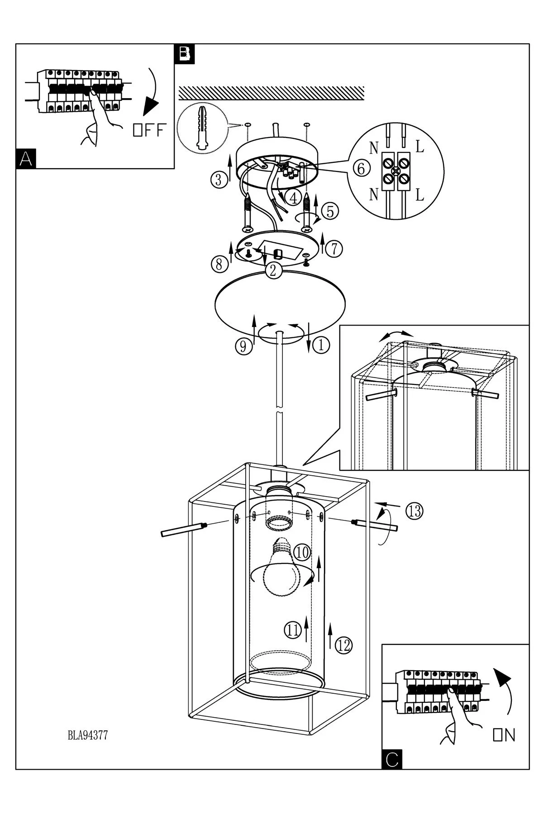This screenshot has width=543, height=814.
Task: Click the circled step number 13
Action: point(414,511)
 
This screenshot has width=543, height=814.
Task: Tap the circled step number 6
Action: point(361,169)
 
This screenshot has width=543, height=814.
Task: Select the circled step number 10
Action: point(302,552)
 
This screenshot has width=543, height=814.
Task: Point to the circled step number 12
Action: point(344,645)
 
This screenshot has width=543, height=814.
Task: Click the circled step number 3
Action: point(219,180)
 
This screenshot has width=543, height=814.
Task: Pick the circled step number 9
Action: point(243,346)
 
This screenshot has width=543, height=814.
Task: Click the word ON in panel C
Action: point(504,735)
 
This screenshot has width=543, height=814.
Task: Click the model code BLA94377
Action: point(87,736)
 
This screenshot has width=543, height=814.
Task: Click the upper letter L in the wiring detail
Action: point(420,147)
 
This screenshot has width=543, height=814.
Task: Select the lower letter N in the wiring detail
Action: point(374,194)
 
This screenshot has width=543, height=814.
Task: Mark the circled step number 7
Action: point(333,249)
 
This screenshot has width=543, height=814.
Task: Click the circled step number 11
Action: point(293,629)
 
